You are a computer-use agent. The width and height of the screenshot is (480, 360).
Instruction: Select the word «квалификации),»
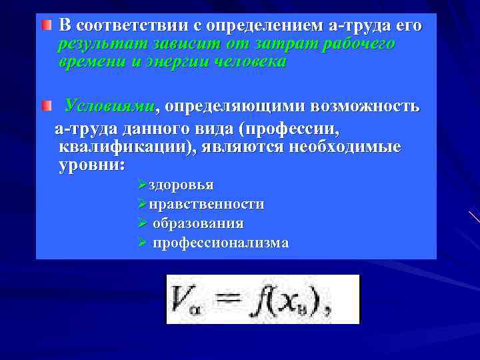(127, 147)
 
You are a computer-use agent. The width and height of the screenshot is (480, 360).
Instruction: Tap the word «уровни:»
(91, 165)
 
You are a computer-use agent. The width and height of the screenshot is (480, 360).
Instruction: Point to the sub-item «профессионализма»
(221, 243)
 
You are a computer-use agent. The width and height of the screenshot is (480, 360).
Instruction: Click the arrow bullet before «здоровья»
(141, 185)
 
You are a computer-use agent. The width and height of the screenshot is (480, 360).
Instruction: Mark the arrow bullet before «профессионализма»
(141, 243)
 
